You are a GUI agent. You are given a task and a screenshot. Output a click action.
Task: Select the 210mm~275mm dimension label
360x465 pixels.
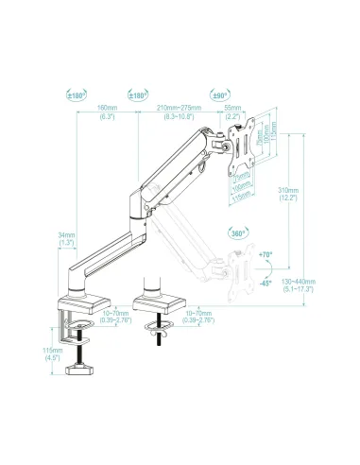click(178, 111)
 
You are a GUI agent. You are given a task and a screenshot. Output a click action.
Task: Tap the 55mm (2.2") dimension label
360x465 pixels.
click(232, 111)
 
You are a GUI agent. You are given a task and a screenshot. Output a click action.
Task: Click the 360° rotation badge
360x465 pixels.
click(227, 232)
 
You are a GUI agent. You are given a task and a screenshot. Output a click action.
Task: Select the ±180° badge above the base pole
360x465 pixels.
click(77, 95)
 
